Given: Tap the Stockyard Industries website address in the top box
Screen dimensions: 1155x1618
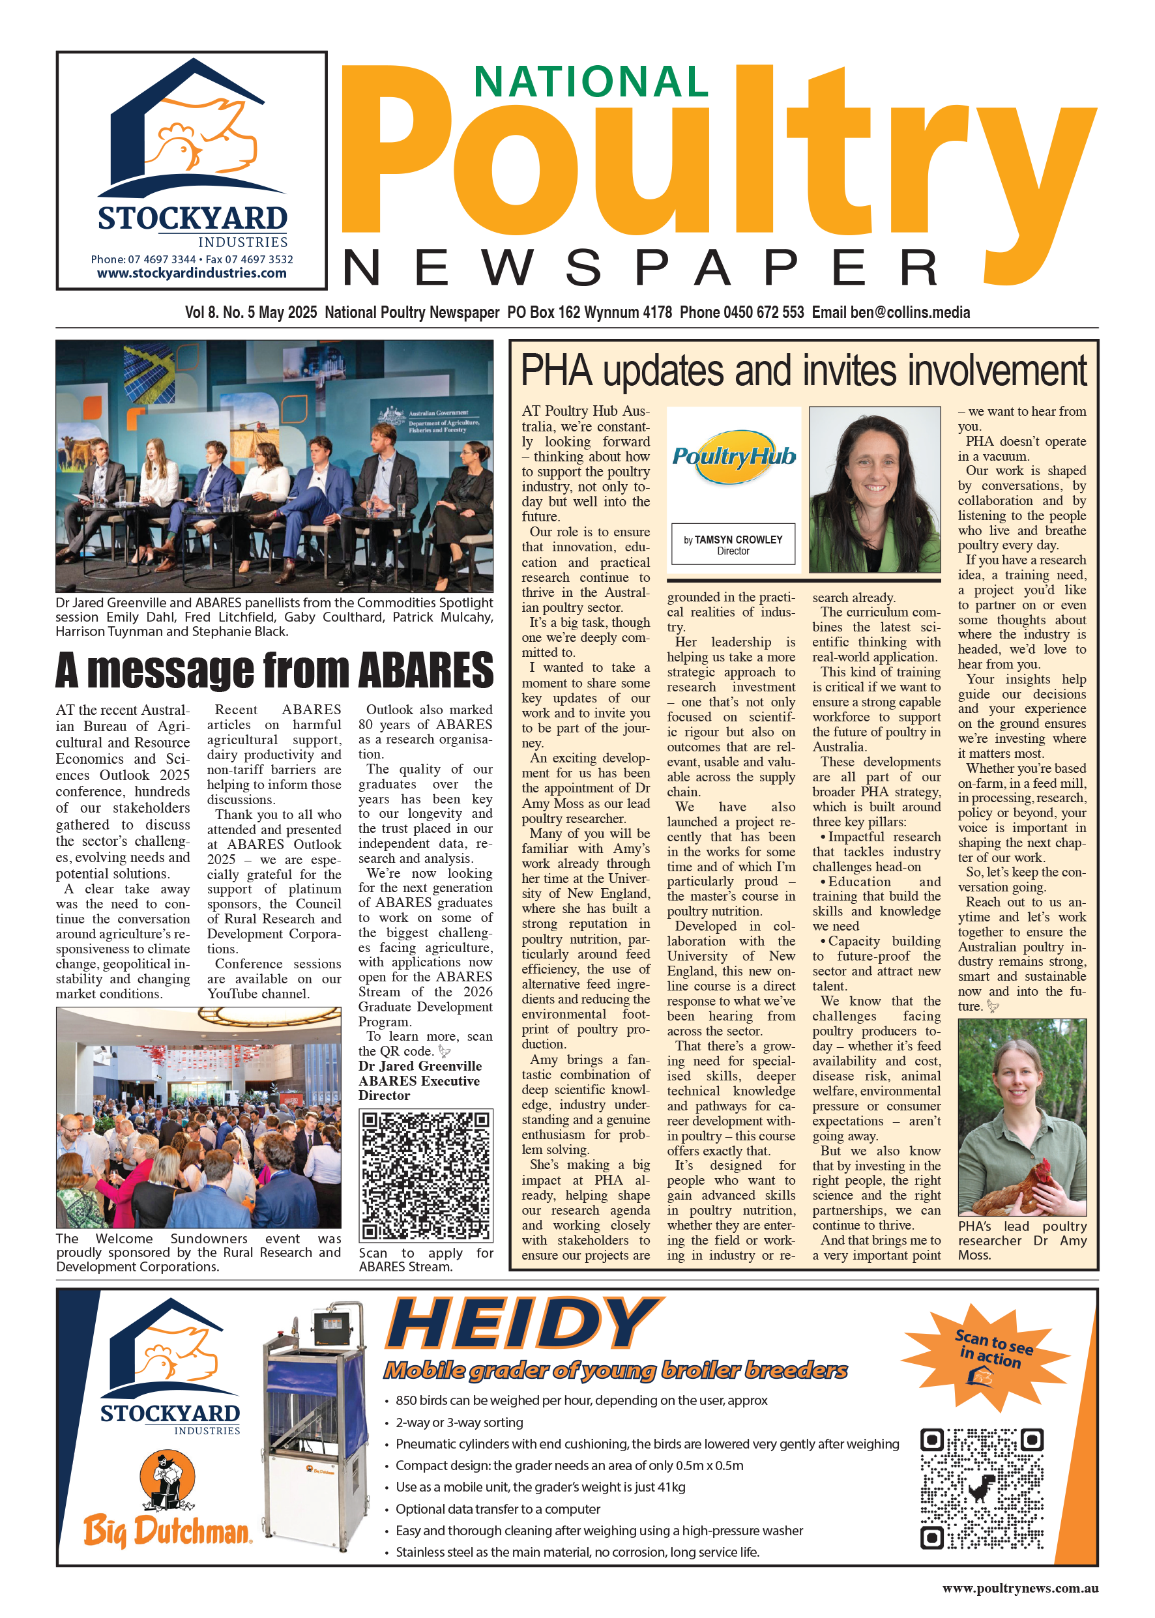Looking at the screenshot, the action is pos(192,273).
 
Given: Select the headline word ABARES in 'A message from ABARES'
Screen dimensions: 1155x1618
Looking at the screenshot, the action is pos(425,671).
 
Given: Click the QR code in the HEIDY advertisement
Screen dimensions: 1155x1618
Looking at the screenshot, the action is pos(982,1488).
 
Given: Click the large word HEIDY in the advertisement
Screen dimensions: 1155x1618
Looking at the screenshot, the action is pos(523,1324).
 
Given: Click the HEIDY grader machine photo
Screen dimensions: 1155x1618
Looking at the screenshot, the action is pos(315,1429).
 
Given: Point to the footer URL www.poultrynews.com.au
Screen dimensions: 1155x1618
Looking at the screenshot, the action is pos(1020,1587).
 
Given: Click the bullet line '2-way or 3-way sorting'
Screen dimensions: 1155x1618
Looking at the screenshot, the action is pos(459,1423).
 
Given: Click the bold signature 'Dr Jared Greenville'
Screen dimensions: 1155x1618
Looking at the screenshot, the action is pos(420,1065).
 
